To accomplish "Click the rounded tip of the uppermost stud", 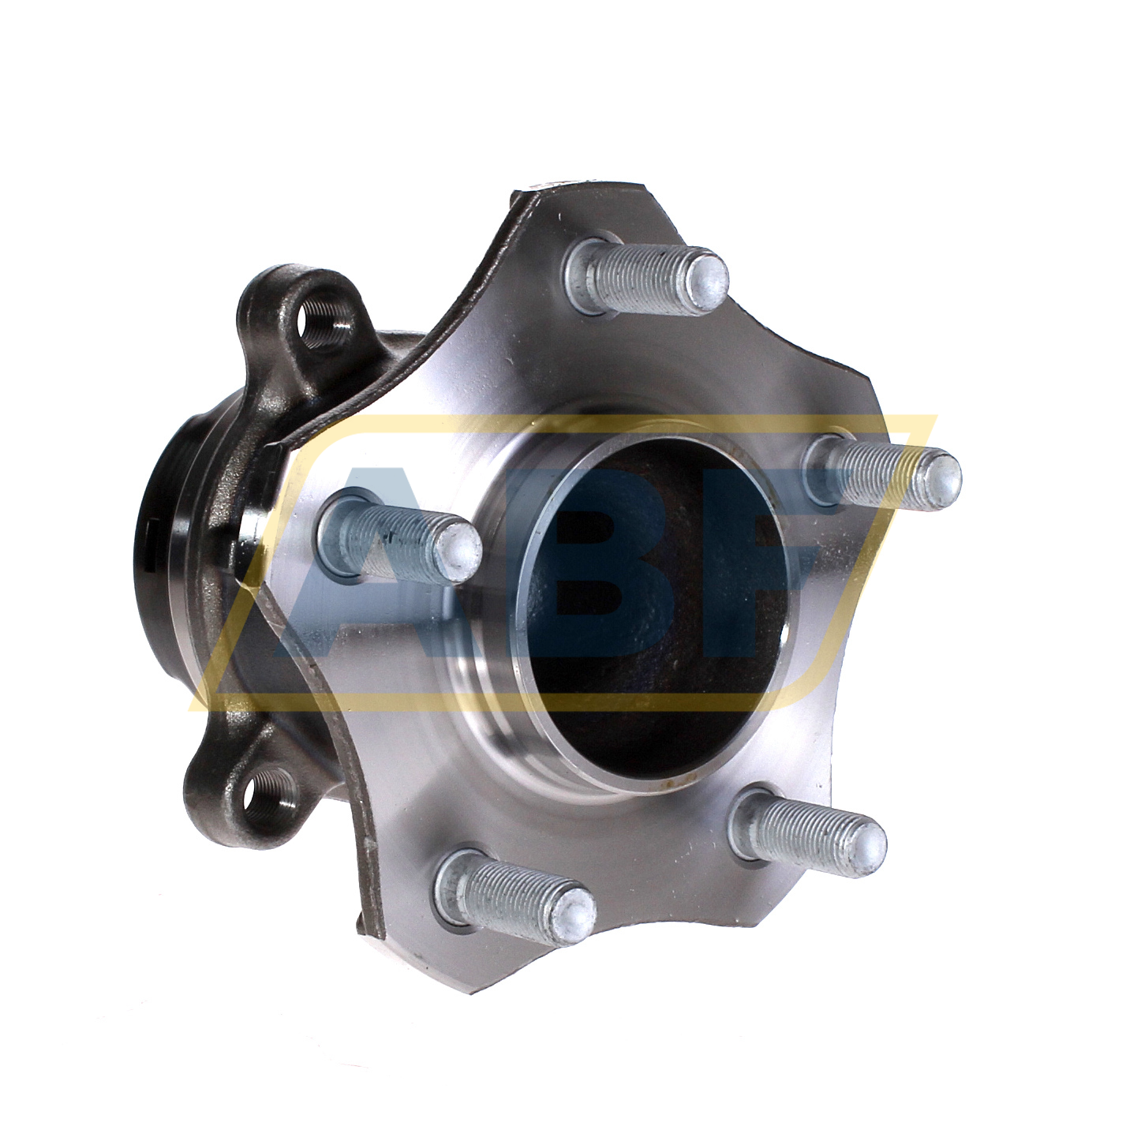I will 706,277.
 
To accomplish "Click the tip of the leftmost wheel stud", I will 458,546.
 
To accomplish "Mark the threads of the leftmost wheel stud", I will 398,537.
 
